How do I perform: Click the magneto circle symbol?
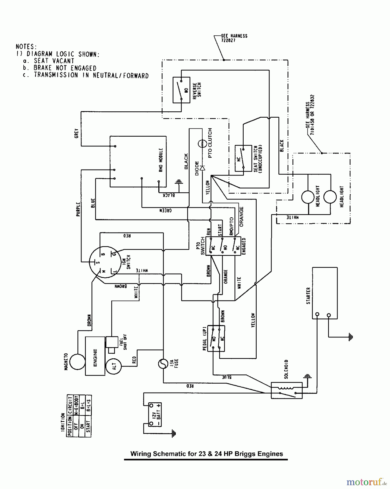coord(77,362)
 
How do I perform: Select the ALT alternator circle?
coord(114,366)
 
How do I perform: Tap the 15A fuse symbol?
coord(163,363)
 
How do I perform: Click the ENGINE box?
coord(95,356)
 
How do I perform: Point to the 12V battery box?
coord(155,415)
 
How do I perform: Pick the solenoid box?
coord(287,390)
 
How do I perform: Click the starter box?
coord(325,293)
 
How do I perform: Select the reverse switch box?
coord(181,90)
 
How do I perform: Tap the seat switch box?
coord(243,158)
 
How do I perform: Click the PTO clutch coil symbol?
coord(202,143)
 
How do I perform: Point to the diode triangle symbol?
coord(202,168)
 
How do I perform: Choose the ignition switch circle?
coord(105,262)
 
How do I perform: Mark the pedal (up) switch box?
coord(216,338)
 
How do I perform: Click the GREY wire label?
coord(76,133)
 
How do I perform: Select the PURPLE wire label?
coord(78,209)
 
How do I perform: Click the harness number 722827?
coord(228,40)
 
